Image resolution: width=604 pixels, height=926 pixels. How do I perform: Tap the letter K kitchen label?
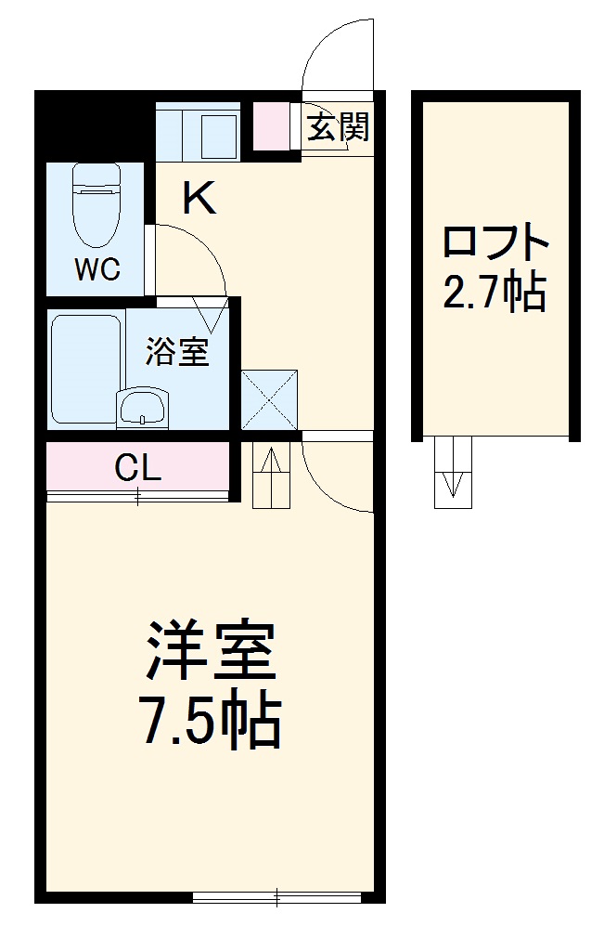[199, 198]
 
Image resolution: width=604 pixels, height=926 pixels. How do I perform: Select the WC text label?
[97, 269]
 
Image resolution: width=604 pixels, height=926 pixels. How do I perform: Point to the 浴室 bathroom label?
[176, 352]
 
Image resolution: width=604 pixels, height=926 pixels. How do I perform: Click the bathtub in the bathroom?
[85, 369]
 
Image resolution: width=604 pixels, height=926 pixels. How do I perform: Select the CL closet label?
[137, 467]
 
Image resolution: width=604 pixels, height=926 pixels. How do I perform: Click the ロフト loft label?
[495, 243]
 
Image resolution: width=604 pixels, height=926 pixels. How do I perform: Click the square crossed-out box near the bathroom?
[269, 400]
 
